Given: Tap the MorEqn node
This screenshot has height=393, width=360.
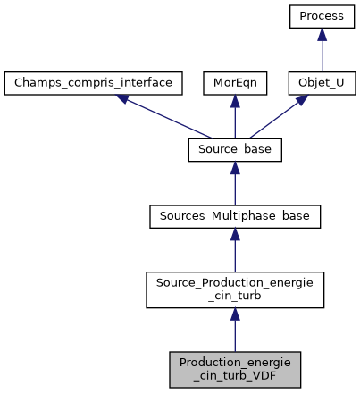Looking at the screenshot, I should pyautogui.click(x=234, y=84).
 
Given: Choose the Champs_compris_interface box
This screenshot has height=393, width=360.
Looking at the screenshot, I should pyautogui.click(x=94, y=84).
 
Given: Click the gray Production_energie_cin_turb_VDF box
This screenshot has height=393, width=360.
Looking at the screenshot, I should pyautogui.click(x=235, y=369).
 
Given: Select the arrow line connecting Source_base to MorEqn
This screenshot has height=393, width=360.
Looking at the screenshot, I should pyautogui.click(x=235, y=121).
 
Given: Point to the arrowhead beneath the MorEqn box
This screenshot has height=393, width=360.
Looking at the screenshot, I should pyautogui.click(x=235, y=102).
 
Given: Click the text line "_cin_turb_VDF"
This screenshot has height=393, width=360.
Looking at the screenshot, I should pyautogui.click(x=235, y=376).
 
